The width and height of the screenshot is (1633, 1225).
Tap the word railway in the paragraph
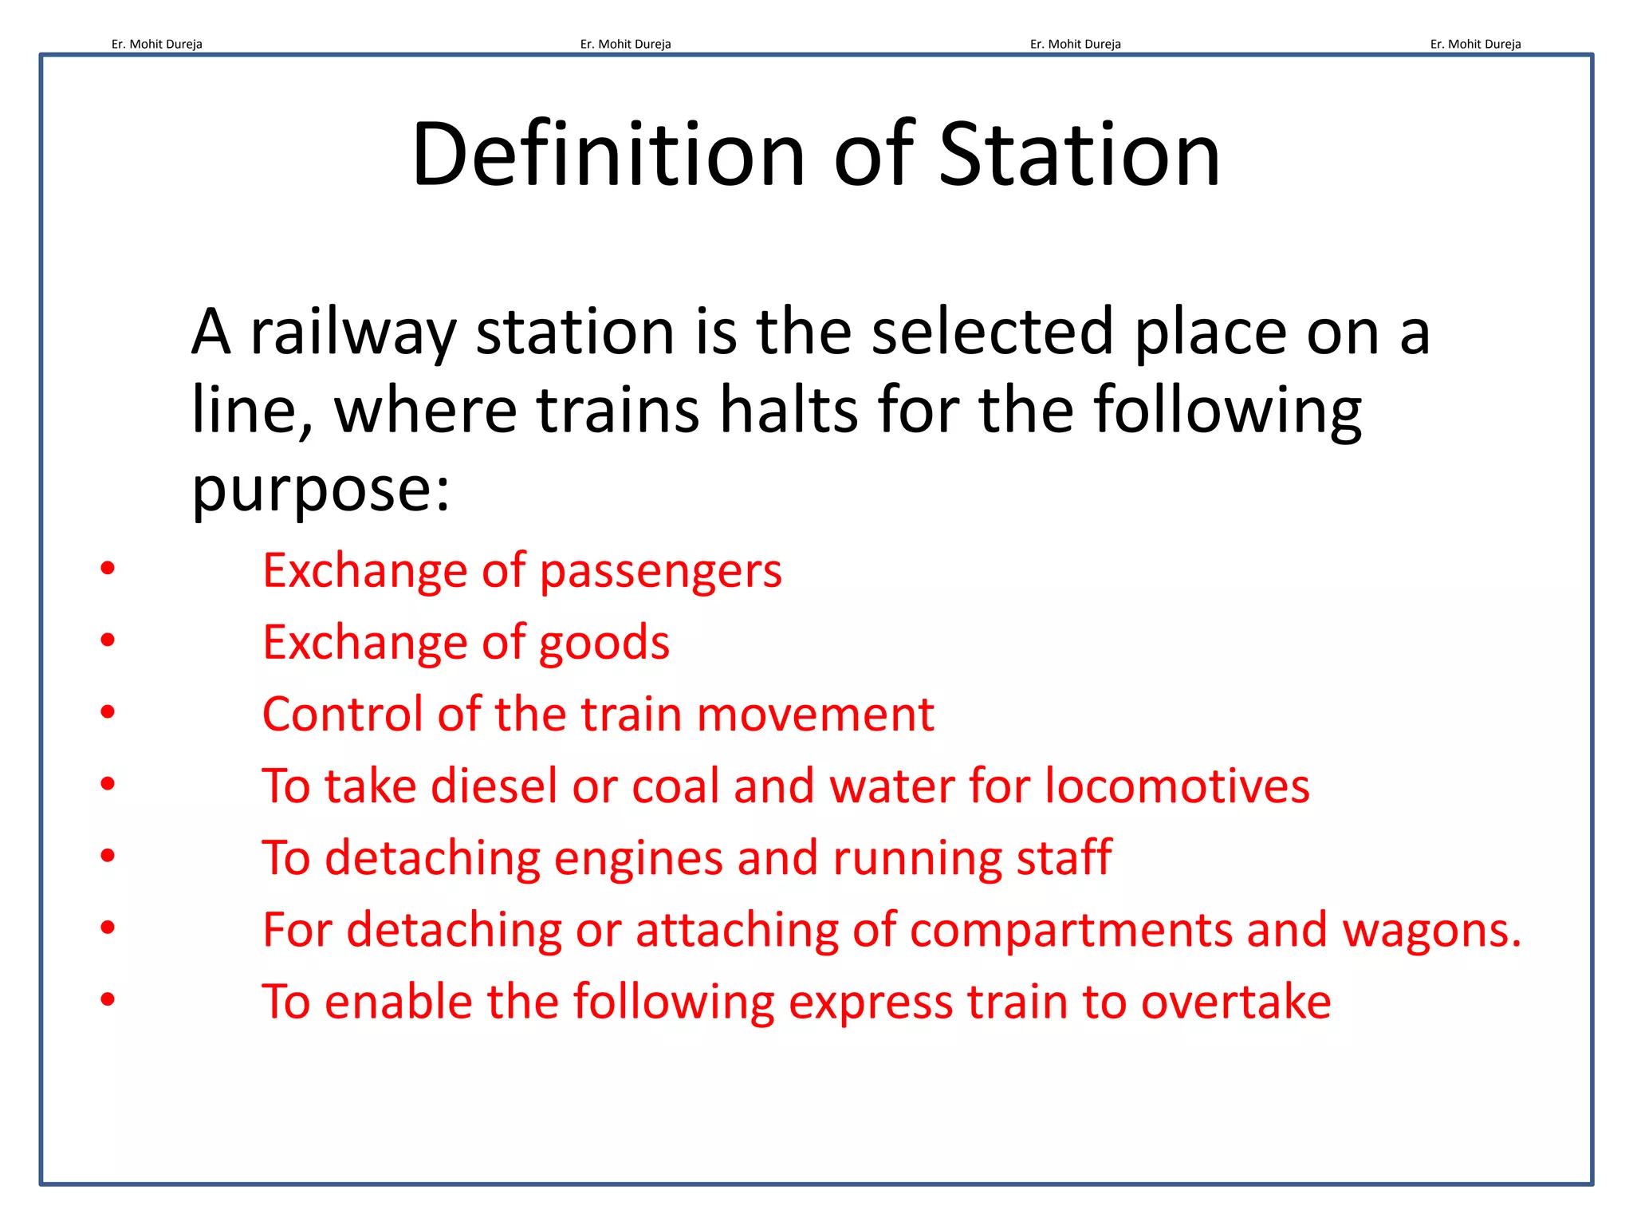click(x=353, y=332)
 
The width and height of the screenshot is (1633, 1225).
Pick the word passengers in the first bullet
click(x=661, y=572)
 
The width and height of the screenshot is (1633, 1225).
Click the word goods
click(x=604, y=644)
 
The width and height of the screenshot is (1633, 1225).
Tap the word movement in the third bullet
click(x=815, y=714)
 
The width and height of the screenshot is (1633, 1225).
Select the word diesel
click(x=494, y=786)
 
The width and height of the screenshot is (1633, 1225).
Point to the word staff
click(x=1064, y=857)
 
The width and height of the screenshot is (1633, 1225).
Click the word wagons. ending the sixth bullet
click(x=1432, y=930)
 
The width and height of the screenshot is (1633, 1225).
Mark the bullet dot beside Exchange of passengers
click(x=108, y=568)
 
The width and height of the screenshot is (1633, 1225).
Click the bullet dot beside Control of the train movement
click(x=108, y=711)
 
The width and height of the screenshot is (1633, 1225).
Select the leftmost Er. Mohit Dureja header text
click(x=157, y=44)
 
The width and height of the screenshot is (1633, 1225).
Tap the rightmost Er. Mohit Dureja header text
click(x=1475, y=44)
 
